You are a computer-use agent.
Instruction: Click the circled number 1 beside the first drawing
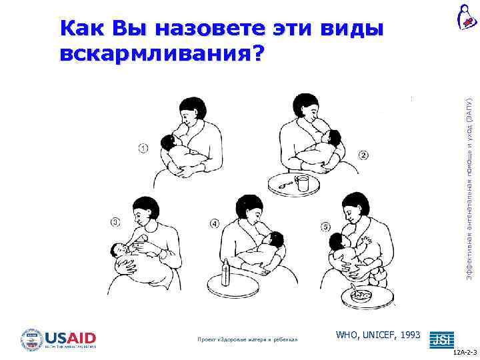click(x=143, y=148)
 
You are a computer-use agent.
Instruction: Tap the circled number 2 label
click(x=363, y=155)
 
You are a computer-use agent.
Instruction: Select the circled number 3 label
click(x=115, y=222)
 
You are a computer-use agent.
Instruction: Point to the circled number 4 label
click(x=214, y=224)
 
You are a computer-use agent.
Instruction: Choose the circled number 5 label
click(x=325, y=227)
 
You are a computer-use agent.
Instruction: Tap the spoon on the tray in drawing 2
click(x=285, y=184)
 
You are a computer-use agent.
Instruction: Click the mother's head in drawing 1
click(x=193, y=109)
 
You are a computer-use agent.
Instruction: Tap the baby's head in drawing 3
click(x=118, y=251)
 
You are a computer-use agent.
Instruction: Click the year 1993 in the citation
click(x=409, y=333)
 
